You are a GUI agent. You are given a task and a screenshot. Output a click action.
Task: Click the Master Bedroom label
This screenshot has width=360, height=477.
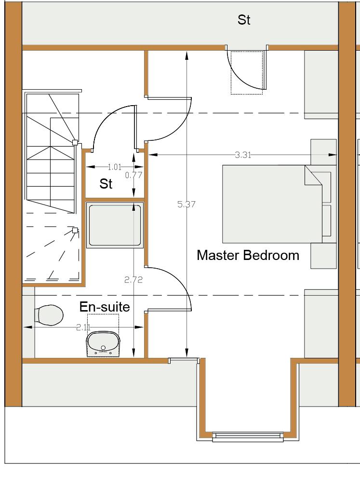pyautogui.click(x=248, y=255)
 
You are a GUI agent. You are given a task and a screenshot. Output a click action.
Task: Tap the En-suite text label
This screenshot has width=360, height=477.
pyautogui.click(x=105, y=307)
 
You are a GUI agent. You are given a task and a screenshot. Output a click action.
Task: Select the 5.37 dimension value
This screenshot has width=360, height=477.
pyautogui.click(x=187, y=204)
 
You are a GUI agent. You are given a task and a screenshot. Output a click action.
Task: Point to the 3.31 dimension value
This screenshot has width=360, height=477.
pyautogui.click(x=243, y=155)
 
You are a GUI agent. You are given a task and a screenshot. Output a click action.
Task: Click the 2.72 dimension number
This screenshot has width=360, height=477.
pyautogui.click(x=133, y=280)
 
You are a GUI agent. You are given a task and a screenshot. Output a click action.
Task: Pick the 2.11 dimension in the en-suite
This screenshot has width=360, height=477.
pyautogui.click(x=83, y=327)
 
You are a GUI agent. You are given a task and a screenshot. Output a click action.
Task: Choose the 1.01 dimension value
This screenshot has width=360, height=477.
pyautogui.click(x=115, y=167)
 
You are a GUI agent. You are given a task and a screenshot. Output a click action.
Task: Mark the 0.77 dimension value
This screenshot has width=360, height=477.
pyautogui.click(x=133, y=175)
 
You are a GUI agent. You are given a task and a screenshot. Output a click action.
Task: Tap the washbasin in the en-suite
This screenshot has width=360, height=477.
pyautogui.click(x=104, y=344)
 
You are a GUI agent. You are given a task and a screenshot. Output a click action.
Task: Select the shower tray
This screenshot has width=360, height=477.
pyautogui.click(x=115, y=225)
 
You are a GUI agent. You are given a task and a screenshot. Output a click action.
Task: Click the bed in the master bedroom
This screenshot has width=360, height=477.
pyautogui.click(x=272, y=204)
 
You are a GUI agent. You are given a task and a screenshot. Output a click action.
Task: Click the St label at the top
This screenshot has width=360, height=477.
pyautogui.click(x=244, y=20)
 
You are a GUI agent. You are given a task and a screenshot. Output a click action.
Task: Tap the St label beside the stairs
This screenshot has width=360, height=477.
pyautogui.click(x=106, y=184)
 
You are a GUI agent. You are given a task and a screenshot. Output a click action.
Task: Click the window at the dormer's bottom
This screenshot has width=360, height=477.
pyautogui.click(x=248, y=437)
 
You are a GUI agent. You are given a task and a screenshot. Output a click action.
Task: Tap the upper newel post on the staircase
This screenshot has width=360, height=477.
pyautogui.click(x=75, y=142)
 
